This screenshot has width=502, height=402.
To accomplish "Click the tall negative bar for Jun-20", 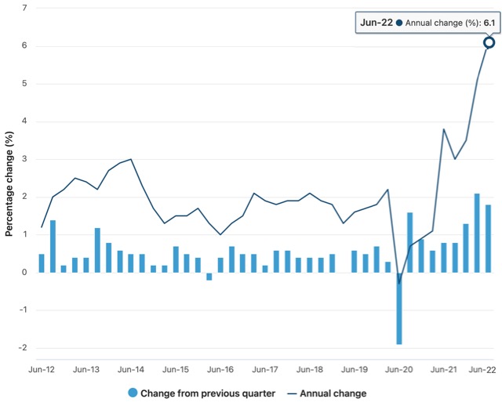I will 398,308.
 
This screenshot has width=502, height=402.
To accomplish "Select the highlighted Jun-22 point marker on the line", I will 489,42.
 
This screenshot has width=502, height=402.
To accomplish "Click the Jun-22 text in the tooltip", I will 375,23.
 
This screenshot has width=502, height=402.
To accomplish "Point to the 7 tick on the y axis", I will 24,8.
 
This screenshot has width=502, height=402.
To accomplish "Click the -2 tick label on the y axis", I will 23,348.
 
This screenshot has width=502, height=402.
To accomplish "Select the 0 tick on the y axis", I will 24,272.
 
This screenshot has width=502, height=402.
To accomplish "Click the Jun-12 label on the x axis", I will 42,368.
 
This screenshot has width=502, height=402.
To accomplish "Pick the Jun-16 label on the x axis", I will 220,368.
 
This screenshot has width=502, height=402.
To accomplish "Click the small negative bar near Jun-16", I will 209,276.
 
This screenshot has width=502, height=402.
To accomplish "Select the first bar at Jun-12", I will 42,263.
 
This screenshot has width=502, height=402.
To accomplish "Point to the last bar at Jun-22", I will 488,238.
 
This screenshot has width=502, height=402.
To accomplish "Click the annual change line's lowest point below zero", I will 398,283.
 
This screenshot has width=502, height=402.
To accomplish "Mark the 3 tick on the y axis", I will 24,159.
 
